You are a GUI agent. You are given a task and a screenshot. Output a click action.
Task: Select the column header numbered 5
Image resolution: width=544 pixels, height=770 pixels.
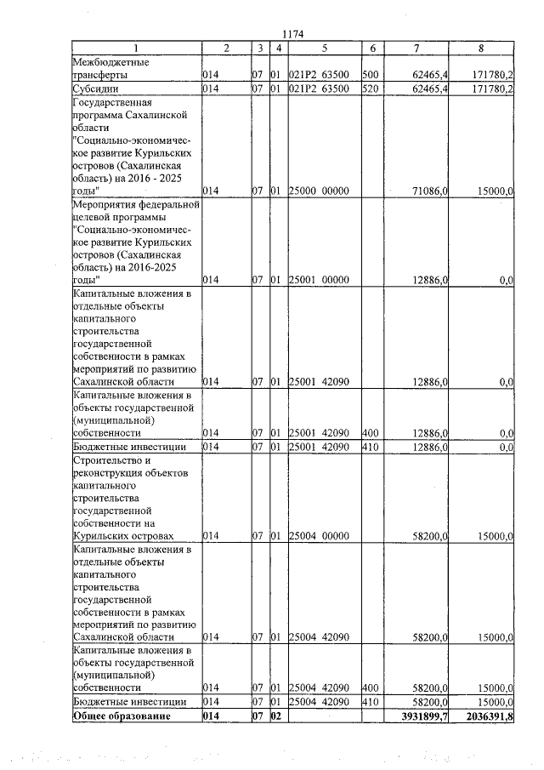point(324,48)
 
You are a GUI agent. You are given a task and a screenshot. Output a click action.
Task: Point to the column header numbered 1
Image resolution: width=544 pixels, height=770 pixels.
point(136,48)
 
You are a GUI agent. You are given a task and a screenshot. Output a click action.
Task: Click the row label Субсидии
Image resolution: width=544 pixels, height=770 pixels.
point(94,88)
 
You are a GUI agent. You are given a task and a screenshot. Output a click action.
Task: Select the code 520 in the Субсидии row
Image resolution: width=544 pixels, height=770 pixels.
point(370,88)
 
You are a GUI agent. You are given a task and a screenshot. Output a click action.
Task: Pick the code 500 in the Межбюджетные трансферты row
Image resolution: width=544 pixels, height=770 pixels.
point(370,75)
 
